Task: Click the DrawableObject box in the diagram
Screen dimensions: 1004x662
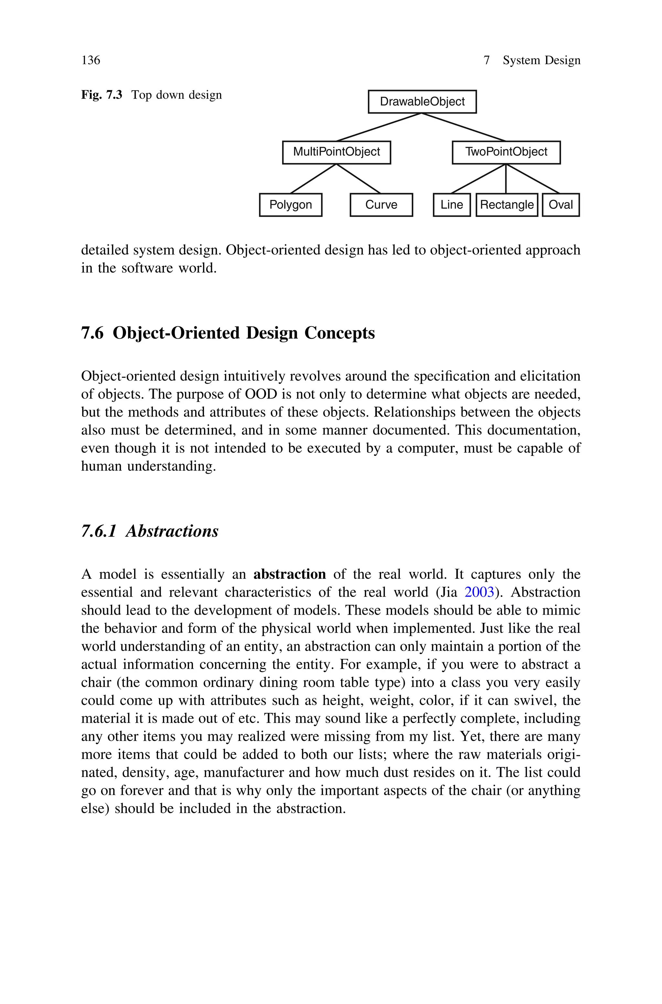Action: pos(422,102)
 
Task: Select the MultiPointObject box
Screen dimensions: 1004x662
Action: pos(336,152)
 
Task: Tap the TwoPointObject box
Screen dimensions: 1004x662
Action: pos(506,152)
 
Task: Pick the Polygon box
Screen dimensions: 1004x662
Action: pos(291,205)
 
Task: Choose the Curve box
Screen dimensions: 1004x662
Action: pos(381,205)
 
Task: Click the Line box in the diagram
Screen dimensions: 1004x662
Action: pos(452,205)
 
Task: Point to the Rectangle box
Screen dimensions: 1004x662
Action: pos(507,205)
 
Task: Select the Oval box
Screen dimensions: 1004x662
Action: pos(561,205)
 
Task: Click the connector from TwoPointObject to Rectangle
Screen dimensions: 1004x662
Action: pos(506,178)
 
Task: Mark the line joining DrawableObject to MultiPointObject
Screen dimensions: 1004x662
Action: pos(379,127)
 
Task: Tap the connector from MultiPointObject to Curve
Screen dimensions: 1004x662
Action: pos(359,178)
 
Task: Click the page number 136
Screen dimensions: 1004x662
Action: pos(91,60)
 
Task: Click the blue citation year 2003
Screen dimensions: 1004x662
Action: pos(479,592)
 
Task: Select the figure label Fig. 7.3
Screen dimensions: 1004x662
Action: pos(101,95)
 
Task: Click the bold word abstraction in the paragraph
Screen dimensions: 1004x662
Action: pos(290,574)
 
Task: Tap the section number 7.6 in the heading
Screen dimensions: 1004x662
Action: pos(92,333)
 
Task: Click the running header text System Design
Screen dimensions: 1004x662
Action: pos(541,60)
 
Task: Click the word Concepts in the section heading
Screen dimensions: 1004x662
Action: pos(339,333)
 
